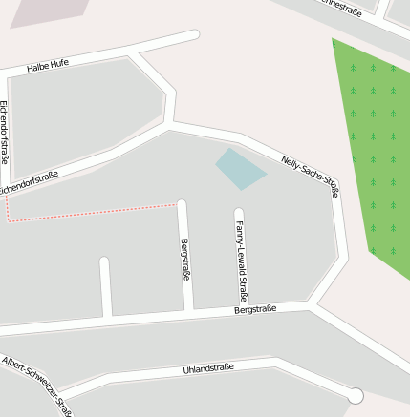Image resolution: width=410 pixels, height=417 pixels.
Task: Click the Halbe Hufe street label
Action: tap(48, 65)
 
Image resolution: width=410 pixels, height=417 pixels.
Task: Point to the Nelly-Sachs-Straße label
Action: tap(311, 175)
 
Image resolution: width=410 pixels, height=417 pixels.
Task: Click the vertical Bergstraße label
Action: tap(185, 259)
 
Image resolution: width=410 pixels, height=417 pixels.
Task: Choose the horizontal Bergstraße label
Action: tap(255, 309)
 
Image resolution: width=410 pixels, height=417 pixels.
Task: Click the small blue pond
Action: tap(240, 168)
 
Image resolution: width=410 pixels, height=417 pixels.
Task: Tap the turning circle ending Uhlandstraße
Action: tap(356, 395)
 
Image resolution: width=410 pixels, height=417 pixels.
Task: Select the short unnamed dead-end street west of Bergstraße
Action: tap(106, 286)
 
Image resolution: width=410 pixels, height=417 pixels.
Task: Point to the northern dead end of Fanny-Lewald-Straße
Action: tap(239, 213)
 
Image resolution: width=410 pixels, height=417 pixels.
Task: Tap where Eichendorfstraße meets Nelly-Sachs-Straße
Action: tap(170, 124)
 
